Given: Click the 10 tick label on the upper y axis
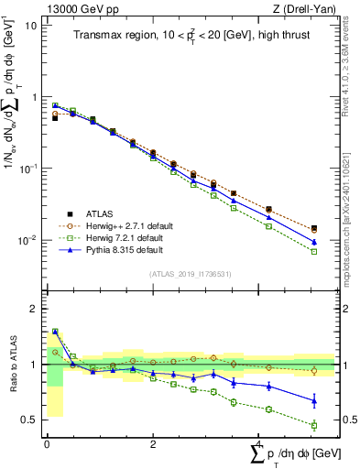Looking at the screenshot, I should coord(31,26).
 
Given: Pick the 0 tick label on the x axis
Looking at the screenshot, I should coord(47,443).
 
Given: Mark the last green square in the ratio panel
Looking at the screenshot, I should coord(314,425).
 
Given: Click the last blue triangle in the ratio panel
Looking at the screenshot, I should coord(314,400).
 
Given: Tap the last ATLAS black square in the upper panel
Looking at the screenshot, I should coord(314,228).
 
